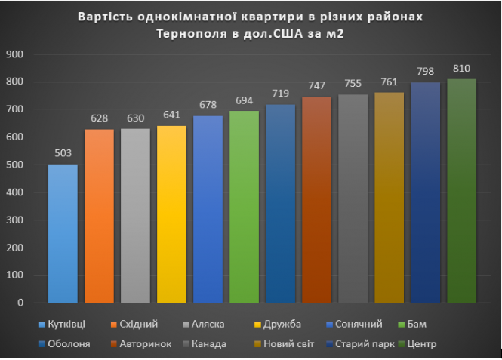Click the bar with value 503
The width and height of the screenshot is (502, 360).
63,233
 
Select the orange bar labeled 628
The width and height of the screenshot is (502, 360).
99,216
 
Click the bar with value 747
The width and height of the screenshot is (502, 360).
316,199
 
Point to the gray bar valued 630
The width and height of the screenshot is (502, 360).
135,215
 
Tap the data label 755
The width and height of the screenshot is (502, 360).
353,85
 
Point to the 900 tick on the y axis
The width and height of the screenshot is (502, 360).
14,54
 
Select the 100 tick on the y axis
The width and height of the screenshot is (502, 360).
14,275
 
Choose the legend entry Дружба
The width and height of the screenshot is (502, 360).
279,324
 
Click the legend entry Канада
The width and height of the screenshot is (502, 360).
212,344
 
